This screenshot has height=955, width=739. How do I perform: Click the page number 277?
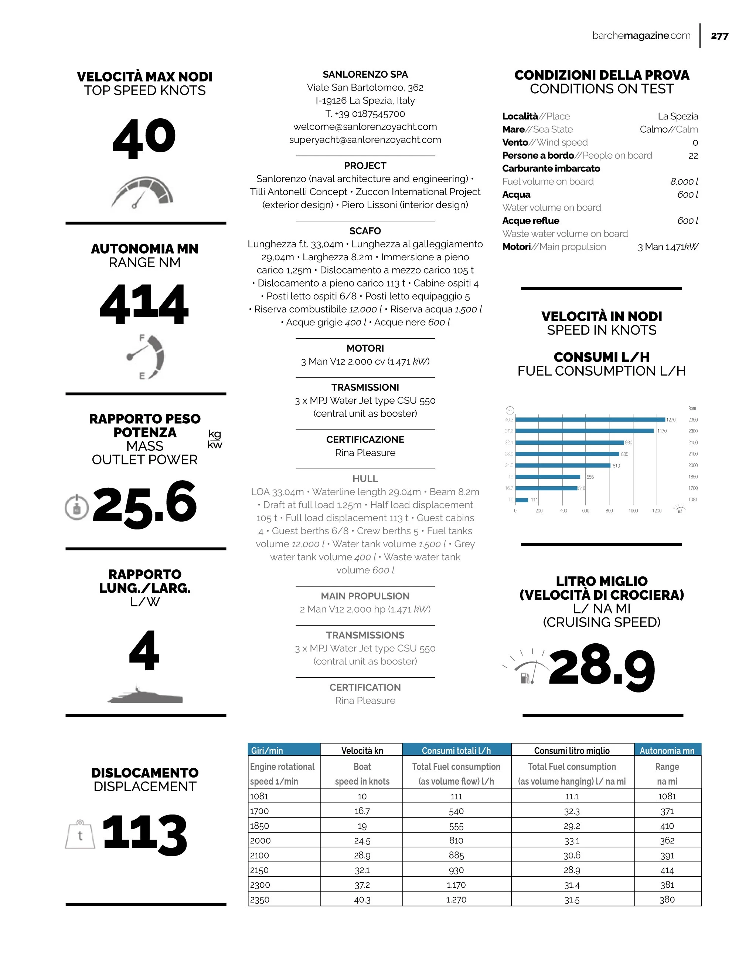pyautogui.click(x=719, y=36)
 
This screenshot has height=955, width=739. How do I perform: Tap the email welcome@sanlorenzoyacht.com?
pyautogui.click(x=365, y=127)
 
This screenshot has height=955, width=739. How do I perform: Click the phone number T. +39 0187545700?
pyautogui.click(x=365, y=114)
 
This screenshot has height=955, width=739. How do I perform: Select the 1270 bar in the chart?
pyautogui.click(x=590, y=419)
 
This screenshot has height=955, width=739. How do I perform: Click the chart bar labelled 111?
pyautogui.click(x=522, y=500)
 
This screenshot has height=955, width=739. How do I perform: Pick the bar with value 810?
pyautogui.click(x=563, y=465)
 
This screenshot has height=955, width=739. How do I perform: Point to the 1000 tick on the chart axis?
pyautogui.click(x=633, y=511)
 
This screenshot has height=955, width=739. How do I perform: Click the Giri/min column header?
pyautogui.click(x=284, y=751)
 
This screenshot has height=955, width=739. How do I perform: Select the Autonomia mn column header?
pyautogui.click(x=667, y=751)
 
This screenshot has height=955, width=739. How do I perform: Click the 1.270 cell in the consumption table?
pyautogui.click(x=456, y=900)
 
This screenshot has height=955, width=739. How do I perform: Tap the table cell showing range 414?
pyautogui.click(x=667, y=870)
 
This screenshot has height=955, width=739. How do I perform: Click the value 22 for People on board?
pyautogui.click(x=693, y=156)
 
